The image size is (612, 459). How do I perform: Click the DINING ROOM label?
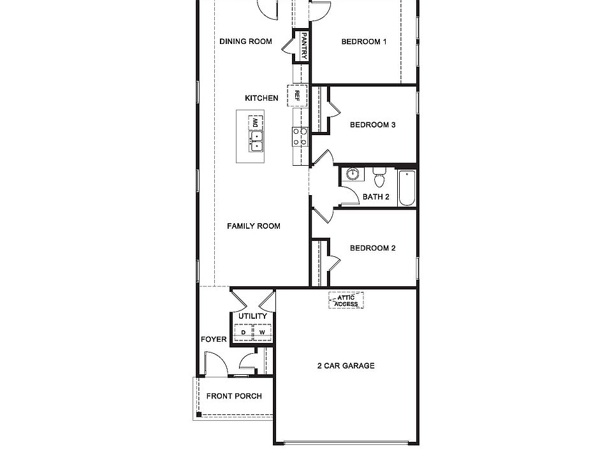pyautogui.click(x=245, y=41)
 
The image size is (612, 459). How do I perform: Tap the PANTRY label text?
pyautogui.click(x=304, y=46)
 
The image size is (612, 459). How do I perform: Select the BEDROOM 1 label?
pyautogui.click(x=364, y=41)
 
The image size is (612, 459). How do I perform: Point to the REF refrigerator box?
pyautogui.click(x=297, y=96)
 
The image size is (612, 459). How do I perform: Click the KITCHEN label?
pyautogui.click(x=261, y=98)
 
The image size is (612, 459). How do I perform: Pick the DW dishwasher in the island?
pyautogui.click(x=256, y=121)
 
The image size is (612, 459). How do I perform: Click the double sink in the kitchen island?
pyautogui.click(x=256, y=140)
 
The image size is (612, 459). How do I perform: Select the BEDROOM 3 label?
pyautogui.click(x=373, y=124)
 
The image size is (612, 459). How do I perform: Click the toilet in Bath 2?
pyautogui.click(x=379, y=175)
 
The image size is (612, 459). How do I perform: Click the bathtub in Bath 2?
pyautogui.click(x=407, y=188)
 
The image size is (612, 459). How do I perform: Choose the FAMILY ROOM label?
pyautogui.click(x=254, y=226)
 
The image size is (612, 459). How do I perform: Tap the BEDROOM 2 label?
pyautogui.click(x=373, y=248)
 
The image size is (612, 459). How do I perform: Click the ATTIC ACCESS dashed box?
pyautogui.click(x=346, y=300)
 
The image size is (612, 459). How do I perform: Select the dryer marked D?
pyautogui.click(x=243, y=332)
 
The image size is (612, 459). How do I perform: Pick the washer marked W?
pyautogui.click(x=262, y=332)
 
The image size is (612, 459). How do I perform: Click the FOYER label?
pyautogui.click(x=214, y=339)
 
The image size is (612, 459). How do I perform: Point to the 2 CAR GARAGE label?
pyautogui.click(x=346, y=366)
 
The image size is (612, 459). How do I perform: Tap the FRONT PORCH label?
pyautogui.click(x=234, y=396)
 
